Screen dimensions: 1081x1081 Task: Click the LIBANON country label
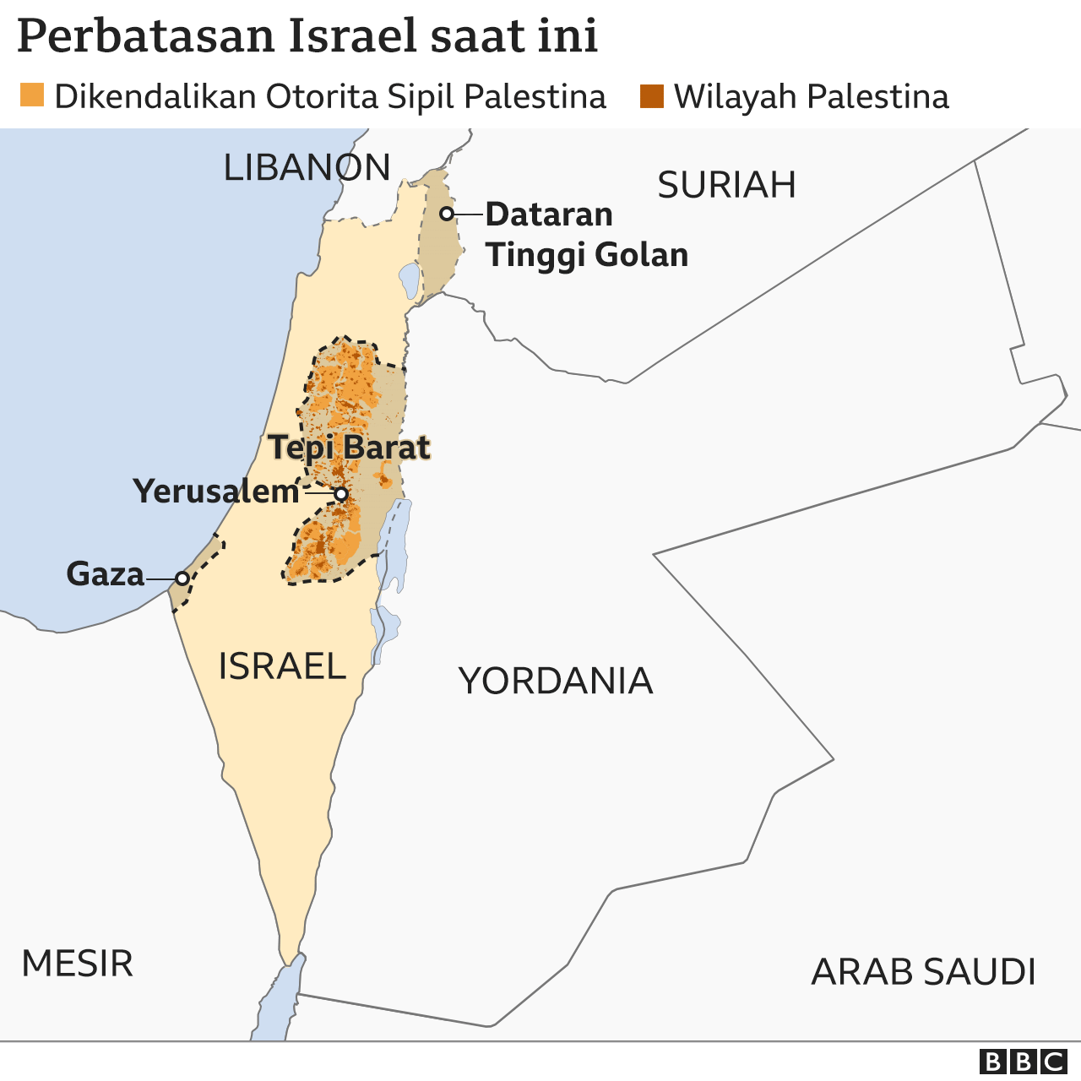pyautogui.click(x=307, y=168)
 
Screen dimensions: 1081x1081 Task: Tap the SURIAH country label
pyautogui.click(x=726, y=185)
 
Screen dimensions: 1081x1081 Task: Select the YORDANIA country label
pyautogui.click(x=556, y=681)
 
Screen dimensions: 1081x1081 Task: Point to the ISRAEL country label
pyautogui.click(x=282, y=666)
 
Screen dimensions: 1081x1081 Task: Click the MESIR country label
pyautogui.click(x=78, y=964)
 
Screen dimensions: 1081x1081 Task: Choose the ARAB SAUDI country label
pyautogui.click(x=923, y=972)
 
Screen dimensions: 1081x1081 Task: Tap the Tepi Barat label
pyautogui.click(x=350, y=448)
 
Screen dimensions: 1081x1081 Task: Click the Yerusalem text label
pyautogui.click(x=216, y=492)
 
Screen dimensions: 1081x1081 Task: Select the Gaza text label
pyautogui.click(x=106, y=574)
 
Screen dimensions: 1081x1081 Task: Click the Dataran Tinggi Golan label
pyautogui.click(x=586, y=235)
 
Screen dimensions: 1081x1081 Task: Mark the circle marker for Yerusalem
pyautogui.click(x=340, y=494)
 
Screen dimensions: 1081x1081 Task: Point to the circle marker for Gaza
pyautogui.click(x=182, y=579)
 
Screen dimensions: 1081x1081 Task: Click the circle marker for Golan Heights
pyautogui.click(x=447, y=214)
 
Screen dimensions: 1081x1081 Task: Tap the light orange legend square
pyautogui.click(x=32, y=96)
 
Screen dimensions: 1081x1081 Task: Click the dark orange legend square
pyautogui.click(x=651, y=96)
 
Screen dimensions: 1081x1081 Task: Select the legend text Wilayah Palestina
pyautogui.click(x=811, y=97)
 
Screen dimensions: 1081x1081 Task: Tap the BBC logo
pyautogui.click(x=1023, y=1062)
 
